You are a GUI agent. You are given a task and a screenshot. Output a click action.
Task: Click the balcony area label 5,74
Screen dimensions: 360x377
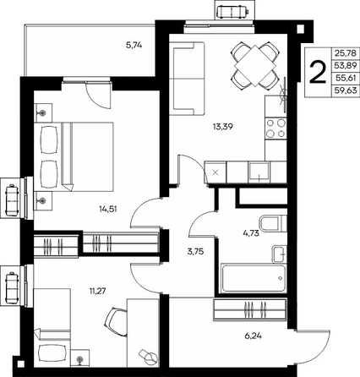(x=134, y=45)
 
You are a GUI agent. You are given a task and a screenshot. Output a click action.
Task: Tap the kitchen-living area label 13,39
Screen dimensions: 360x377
(x=223, y=127)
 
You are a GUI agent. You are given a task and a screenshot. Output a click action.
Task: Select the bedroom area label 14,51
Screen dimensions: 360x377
(x=108, y=209)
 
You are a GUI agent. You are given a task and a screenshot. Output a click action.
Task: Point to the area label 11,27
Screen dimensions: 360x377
(x=97, y=291)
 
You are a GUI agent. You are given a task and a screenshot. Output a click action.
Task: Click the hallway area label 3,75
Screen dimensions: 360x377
(x=195, y=251)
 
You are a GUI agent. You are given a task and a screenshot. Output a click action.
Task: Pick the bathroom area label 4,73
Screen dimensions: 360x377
(x=251, y=233)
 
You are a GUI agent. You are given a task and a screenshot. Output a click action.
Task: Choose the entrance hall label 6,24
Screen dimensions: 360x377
(x=254, y=336)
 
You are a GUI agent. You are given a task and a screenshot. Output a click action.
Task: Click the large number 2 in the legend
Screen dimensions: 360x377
(x=318, y=73)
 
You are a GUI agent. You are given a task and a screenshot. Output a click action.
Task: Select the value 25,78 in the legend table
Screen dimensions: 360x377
(x=346, y=52)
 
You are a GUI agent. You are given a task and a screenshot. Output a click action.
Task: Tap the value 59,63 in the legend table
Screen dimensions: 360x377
(x=346, y=90)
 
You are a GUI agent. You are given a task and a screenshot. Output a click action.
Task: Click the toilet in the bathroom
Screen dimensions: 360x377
(x=273, y=222)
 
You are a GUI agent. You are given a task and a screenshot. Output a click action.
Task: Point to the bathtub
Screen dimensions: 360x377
(x=254, y=278)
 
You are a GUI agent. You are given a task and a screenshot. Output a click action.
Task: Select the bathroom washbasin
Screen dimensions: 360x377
(x=279, y=254)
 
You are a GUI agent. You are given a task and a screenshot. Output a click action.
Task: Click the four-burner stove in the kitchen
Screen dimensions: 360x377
(x=275, y=128)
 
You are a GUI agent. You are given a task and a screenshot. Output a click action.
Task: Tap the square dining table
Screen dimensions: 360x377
(x=255, y=66)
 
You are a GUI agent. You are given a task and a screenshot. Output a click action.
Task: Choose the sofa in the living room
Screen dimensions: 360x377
(x=187, y=79)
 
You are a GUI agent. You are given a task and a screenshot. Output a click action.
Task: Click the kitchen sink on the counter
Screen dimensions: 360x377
(x=259, y=172)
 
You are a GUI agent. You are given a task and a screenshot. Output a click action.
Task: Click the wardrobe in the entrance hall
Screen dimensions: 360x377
(x=250, y=310)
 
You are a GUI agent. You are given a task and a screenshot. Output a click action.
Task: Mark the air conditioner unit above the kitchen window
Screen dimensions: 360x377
(x=233, y=12)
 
